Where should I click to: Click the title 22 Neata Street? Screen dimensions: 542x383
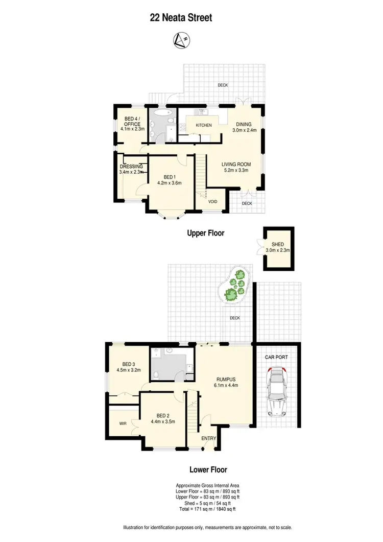tap(181, 18)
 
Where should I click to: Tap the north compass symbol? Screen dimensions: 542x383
tap(180, 39)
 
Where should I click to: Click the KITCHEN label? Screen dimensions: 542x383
tap(204, 125)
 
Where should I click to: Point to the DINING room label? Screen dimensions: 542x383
tap(243, 124)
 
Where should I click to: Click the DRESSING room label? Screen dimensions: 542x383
tap(131, 167)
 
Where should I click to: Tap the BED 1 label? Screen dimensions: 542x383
tap(170, 176)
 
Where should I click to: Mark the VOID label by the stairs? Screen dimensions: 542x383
tap(213, 202)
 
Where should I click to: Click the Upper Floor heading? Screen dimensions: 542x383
tap(206, 233)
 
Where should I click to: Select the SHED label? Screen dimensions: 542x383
tap(278, 244)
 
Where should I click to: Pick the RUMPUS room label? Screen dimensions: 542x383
tap(225, 379)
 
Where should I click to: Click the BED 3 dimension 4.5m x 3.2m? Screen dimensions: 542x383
tap(128, 370)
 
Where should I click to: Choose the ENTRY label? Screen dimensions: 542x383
tap(209, 438)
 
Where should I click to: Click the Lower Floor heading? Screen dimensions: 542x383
tap(208, 469)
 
